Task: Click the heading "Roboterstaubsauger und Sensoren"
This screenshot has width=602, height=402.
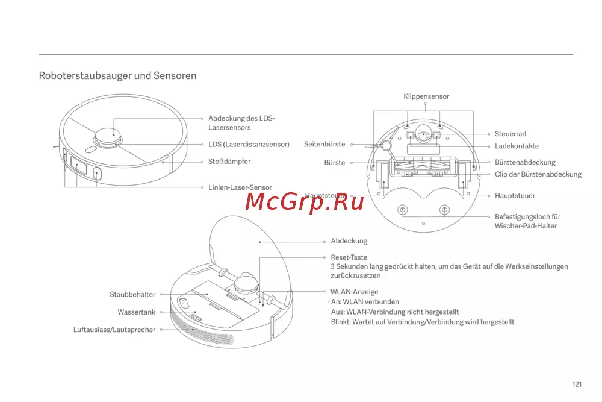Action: [117, 75]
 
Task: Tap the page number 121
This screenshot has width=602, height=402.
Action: [577, 385]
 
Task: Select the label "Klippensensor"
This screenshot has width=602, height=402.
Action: [426, 96]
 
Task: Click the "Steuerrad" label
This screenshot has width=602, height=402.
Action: [510, 134]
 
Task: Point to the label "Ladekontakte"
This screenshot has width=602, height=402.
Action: [517, 146]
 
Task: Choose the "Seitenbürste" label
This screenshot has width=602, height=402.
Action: [324, 144]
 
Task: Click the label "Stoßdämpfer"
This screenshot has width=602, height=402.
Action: [229, 162]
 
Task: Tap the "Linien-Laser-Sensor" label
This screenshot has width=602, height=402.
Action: [240, 187]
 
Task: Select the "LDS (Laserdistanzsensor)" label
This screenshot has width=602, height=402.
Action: [249, 145]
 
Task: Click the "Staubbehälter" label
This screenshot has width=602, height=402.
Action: [132, 294]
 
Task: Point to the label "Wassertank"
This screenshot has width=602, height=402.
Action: [136, 312]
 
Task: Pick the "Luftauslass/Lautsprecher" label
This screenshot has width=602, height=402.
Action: [114, 330]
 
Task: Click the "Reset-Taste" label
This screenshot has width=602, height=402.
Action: [349, 257]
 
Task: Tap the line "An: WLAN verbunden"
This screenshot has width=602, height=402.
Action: [365, 302]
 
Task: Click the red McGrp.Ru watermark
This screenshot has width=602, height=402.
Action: [304, 201]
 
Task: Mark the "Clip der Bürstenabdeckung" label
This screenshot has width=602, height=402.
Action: [538, 174]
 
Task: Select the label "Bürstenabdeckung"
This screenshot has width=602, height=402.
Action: [525, 162]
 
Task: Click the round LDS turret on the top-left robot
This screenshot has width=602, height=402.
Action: [108, 137]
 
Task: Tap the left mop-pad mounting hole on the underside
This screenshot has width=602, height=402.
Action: [402, 210]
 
